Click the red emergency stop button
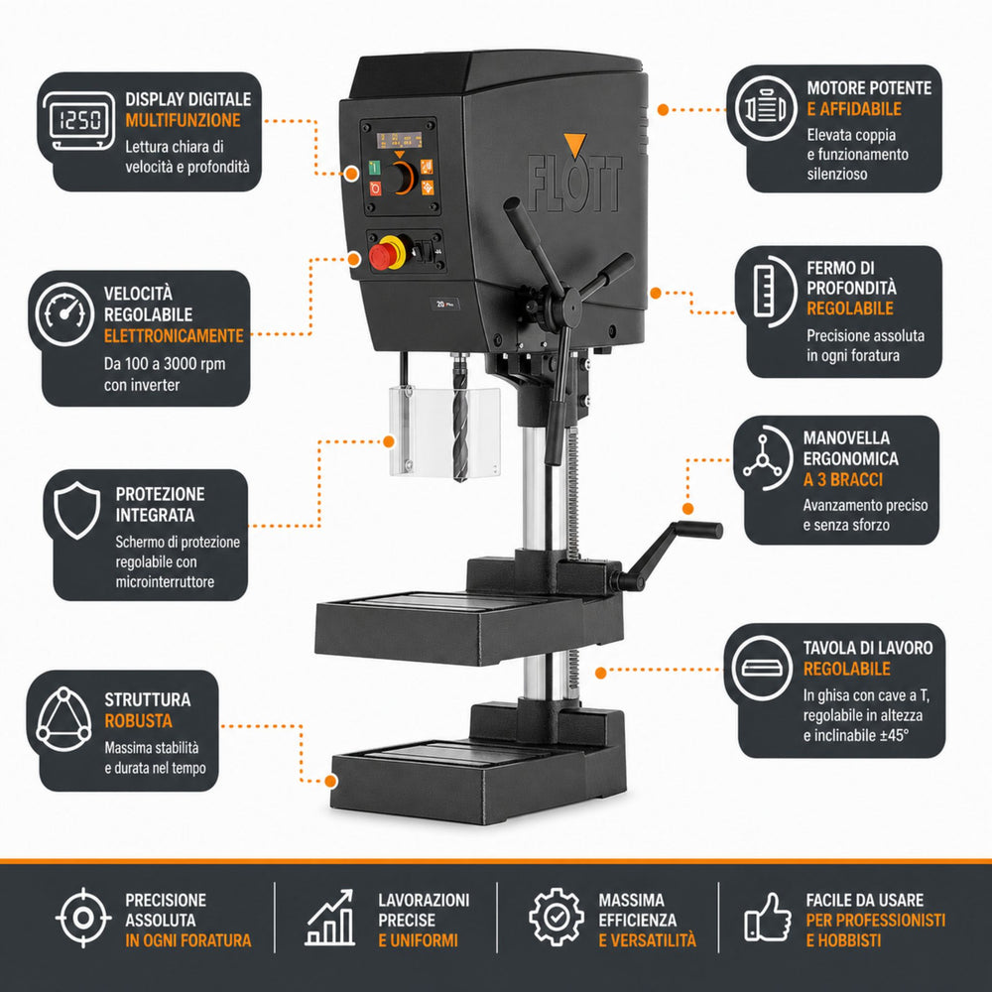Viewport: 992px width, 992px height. pos(382,256)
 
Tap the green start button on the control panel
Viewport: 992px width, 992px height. pos(374,168)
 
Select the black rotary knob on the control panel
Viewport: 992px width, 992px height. pos(400,178)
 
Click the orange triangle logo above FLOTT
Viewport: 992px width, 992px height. pos(575,145)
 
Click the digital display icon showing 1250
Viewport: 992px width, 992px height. pos(79,121)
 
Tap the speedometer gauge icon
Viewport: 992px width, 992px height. pos(64,314)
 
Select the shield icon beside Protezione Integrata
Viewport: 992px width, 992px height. pos(76,510)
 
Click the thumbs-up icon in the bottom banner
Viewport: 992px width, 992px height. pos(768,918)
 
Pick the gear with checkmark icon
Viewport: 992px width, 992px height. pos(557,917)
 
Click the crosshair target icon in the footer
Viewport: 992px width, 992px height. pos(83,918)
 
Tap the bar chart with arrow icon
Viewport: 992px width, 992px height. pos(329,918)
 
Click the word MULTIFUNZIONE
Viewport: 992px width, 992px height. pos(183,120)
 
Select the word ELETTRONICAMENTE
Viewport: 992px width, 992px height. pos(174,335)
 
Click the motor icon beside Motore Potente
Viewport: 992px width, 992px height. pos(766,109)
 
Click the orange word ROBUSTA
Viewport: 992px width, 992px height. pos(138,720)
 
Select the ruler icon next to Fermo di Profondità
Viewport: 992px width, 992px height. pos(766,291)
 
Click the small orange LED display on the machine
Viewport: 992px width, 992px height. pos(399,141)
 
